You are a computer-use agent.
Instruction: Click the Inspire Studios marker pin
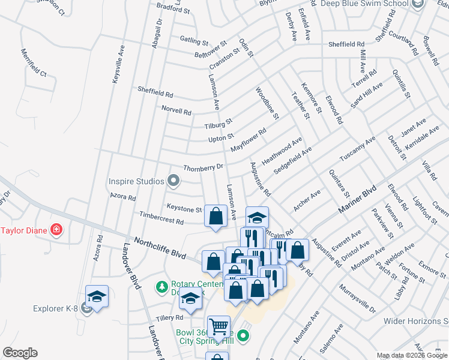[173, 181]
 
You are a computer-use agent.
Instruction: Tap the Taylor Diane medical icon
[56, 229]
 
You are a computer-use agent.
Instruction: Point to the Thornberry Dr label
[203, 168]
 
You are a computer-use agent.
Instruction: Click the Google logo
[20, 353]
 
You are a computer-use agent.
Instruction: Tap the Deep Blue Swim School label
[372, 4]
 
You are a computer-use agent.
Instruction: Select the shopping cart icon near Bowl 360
[218, 326]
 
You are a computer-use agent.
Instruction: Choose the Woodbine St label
[267, 103]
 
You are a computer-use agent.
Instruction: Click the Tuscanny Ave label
[357, 148]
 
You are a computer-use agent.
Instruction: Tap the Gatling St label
[194, 41]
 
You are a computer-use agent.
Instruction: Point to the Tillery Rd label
[170, 317]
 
